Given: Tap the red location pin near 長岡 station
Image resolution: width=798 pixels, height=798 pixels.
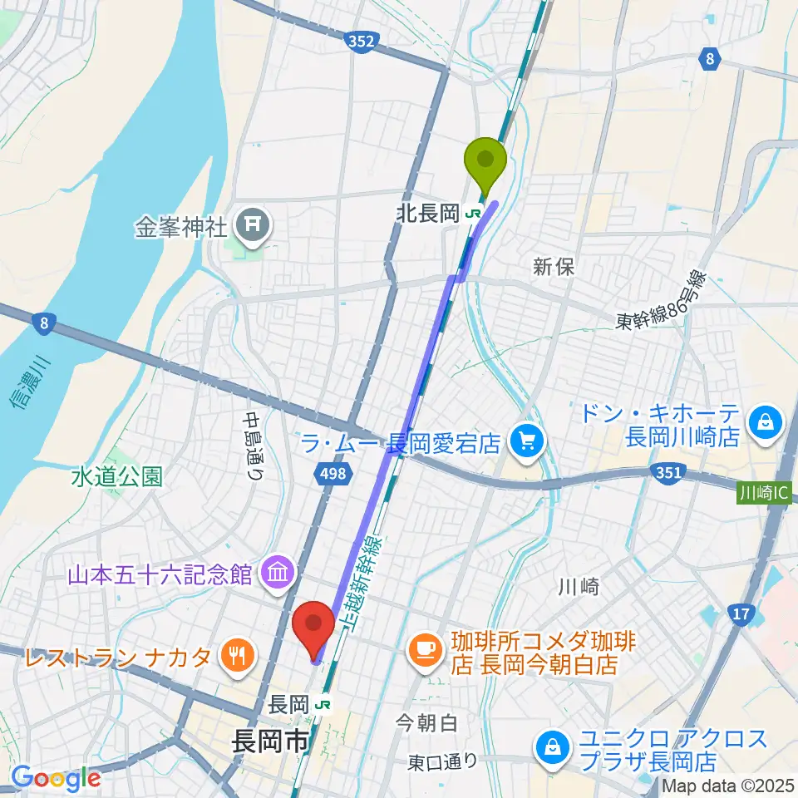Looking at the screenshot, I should pos(314,626).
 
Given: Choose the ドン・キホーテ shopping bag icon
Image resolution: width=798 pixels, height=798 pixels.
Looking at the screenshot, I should pos(762,422).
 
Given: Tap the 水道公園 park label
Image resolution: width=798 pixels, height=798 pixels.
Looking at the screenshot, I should pos(116,476).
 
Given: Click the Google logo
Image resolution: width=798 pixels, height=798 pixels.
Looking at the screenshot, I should pos(56,778).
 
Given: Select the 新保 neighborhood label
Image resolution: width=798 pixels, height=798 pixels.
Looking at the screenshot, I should pos(554,267).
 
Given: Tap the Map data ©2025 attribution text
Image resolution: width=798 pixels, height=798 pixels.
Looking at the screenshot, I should pos(728,786).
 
